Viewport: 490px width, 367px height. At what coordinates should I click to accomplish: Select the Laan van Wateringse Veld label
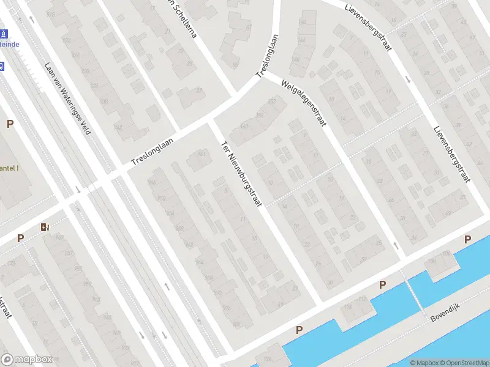click(x=68, y=98)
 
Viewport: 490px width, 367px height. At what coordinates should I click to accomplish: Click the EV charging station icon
click(x=45, y=228)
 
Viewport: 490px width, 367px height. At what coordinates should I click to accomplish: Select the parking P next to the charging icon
click(x=21, y=239)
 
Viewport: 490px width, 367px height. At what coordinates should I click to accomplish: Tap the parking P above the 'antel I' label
click(x=10, y=124)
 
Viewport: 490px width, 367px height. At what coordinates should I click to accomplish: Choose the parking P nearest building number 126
click(x=300, y=330)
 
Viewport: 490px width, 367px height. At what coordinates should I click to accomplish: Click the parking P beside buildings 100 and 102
click(x=468, y=239)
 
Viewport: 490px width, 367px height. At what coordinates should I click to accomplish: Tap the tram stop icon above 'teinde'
click(x=3, y=34)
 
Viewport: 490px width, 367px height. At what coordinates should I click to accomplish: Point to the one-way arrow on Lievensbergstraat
click(x=408, y=80)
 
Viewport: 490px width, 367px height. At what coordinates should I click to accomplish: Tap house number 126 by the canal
click(x=267, y=358)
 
